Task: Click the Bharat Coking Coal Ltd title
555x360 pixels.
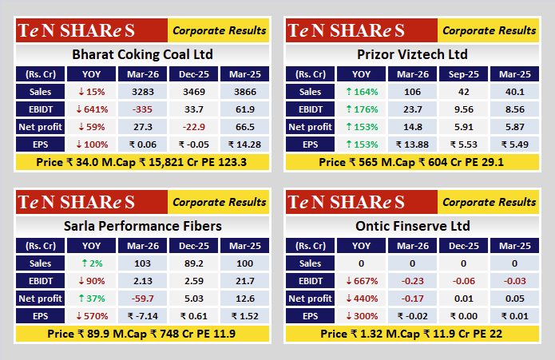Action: click(x=142, y=55)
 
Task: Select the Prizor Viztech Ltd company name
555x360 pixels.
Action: click(x=412, y=55)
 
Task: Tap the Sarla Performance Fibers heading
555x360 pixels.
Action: click(x=142, y=226)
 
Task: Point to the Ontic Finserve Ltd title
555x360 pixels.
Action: click(x=412, y=226)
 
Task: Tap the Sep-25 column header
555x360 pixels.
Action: click(x=462, y=74)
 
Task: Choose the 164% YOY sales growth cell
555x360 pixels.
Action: click(x=361, y=92)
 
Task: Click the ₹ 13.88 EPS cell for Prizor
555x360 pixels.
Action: click(x=412, y=144)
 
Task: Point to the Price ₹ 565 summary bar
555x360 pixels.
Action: click(x=412, y=162)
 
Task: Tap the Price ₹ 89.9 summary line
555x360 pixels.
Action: click(x=142, y=333)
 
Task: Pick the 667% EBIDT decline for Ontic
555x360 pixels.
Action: click(x=361, y=280)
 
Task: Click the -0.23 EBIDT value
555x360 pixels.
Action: click(x=412, y=280)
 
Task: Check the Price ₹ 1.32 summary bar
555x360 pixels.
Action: click(x=412, y=333)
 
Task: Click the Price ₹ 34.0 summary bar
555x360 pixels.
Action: click(x=142, y=162)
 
